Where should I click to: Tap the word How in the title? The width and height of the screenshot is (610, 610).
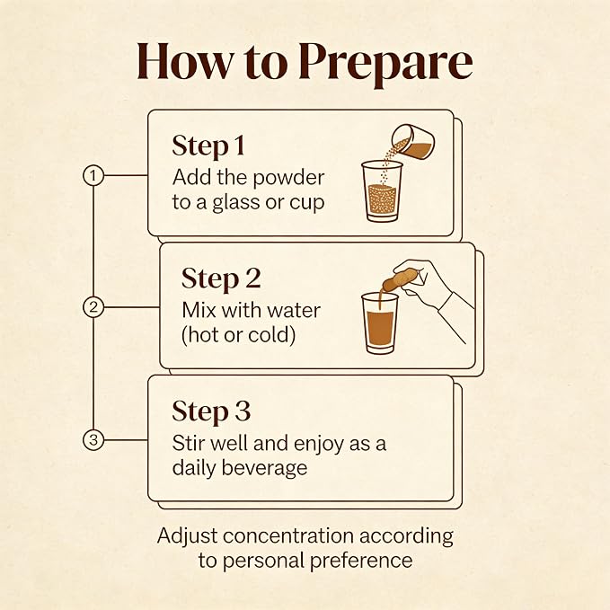coord(185,61)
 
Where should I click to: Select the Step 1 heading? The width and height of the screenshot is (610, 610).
coord(208,146)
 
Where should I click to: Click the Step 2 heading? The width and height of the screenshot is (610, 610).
coord(221,278)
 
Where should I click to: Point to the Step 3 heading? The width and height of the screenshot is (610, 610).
coord(211,411)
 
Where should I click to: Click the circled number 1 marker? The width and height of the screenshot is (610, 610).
coord(93,175)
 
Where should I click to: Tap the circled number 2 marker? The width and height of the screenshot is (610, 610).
coord(93,307)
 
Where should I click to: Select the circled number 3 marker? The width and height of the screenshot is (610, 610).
coord(93,440)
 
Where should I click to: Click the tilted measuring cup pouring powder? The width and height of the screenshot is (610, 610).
coord(412,142)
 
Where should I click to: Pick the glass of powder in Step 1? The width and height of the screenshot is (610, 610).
coord(382,191)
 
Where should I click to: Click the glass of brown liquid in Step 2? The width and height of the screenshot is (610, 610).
coord(380,323)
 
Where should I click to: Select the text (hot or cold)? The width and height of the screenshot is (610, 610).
coord(238,335)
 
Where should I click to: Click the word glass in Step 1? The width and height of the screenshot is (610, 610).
coord(235,203)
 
